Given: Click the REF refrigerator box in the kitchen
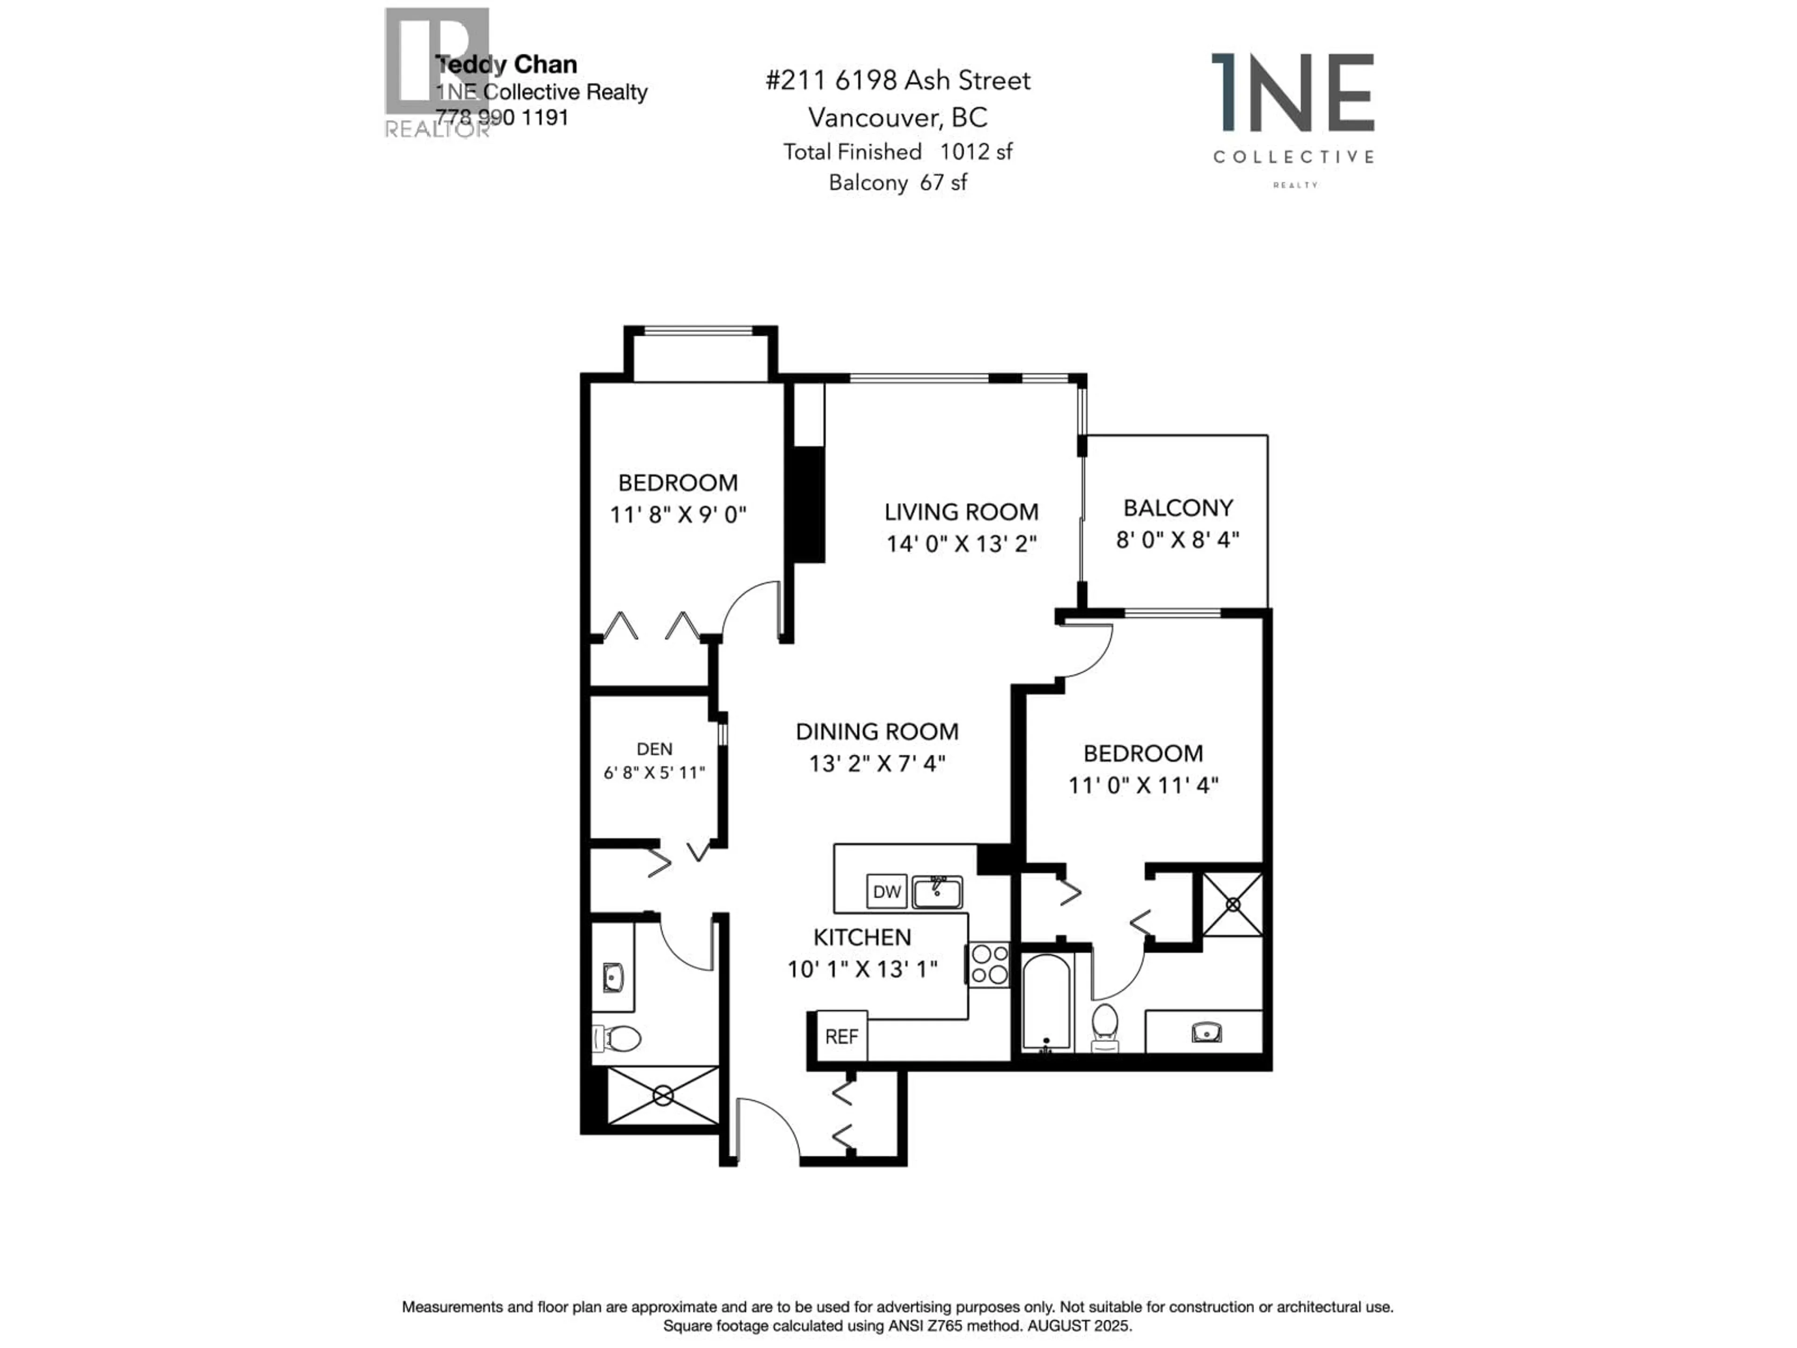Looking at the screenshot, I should [x=841, y=1036].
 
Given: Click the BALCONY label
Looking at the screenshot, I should [x=1178, y=508].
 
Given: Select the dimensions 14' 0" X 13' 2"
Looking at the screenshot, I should [x=961, y=543].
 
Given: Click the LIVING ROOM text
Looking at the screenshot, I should [x=961, y=512].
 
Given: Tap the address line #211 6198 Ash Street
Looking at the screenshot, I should [x=898, y=81].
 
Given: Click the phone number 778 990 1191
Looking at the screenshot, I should [x=502, y=118].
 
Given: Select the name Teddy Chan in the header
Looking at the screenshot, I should [x=507, y=64].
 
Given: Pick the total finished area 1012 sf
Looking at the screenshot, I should [x=976, y=152].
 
